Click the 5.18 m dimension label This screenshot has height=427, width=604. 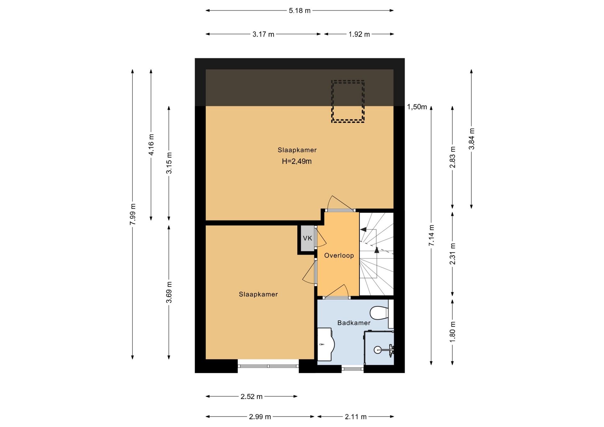299,11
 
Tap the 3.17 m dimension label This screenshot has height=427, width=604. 263,34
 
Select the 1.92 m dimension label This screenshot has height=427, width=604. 359,34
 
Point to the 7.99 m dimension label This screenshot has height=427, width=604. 133,214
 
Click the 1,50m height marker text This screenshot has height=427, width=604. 417,107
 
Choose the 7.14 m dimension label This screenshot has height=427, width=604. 431,236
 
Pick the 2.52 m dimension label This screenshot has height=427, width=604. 251,396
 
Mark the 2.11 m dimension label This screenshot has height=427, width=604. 355,417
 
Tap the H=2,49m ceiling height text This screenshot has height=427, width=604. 297,162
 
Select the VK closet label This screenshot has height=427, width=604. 307,238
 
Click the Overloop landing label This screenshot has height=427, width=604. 339,256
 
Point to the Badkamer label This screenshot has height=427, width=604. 354,323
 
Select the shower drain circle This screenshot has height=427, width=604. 377,350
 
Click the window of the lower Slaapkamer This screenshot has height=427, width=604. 268,366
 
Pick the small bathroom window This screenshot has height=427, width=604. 353,369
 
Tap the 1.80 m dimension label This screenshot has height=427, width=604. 453,332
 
